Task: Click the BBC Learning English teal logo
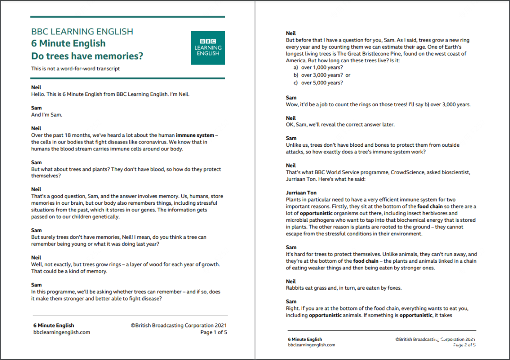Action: tap(208, 48)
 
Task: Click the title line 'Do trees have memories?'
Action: tap(87, 56)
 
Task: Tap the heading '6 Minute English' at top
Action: tap(68, 43)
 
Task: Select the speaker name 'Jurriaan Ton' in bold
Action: tap(301, 193)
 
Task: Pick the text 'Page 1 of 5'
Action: tap(213, 332)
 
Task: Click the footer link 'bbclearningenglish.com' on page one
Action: tap(61, 332)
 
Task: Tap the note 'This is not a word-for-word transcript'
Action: tap(76, 68)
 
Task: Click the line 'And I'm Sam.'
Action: tap(46, 115)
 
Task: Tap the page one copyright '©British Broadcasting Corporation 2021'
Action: tap(179, 325)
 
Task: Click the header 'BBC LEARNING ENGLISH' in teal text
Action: tap(82, 32)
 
